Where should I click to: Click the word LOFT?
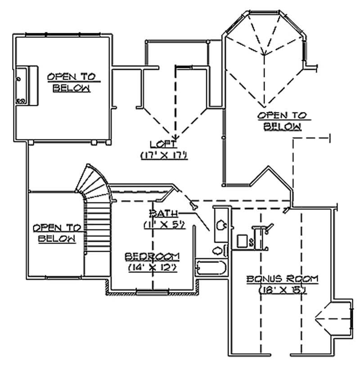pyautogui.click(x=163, y=144)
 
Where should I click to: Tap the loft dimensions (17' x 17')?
pyautogui.click(x=163, y=155)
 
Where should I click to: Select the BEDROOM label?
pyautogui.click(x=152, y=256)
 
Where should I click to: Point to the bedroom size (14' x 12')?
pyautogui.click(x=152, y=267)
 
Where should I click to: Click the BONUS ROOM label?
pyautogui.click(x=282, y=279)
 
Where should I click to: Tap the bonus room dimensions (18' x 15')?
pyautogui.click(x=282, y=290)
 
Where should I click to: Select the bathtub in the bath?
pyautogui.click(x=210, y=268)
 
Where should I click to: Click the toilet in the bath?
pyautogui.click(x=218, y=250)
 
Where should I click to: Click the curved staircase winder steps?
pyautogui.click(x=94, y=184)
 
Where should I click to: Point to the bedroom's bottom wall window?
pyautogui.click(x=153, y=293)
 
